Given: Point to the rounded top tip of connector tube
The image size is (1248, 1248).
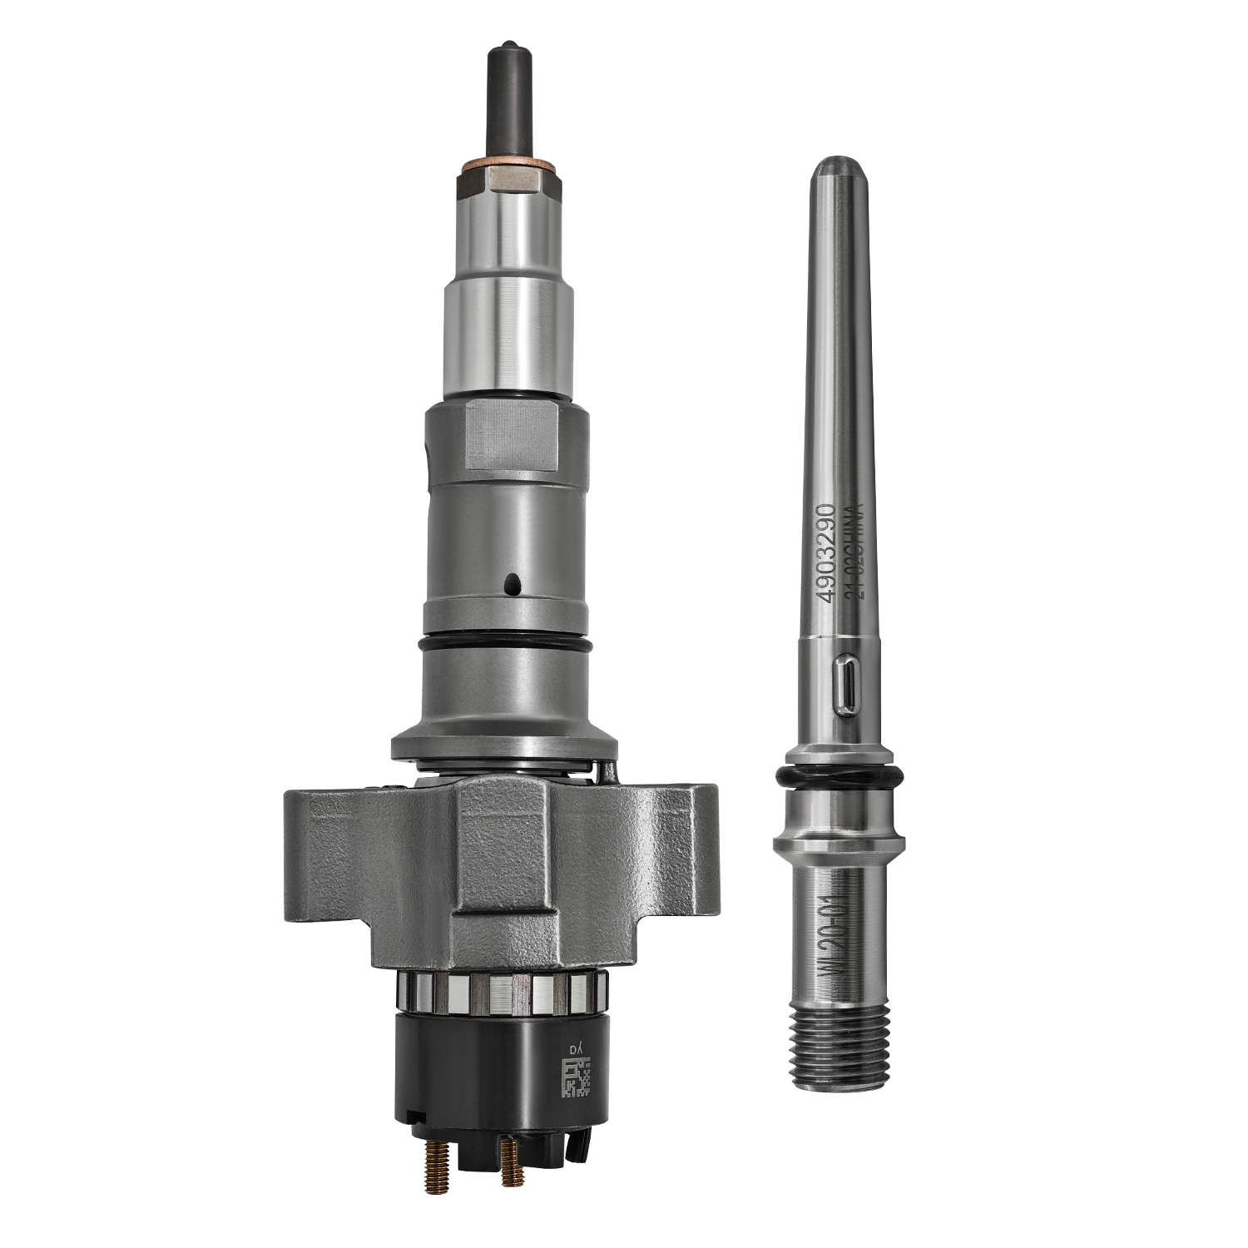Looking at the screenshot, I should point(833,166).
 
